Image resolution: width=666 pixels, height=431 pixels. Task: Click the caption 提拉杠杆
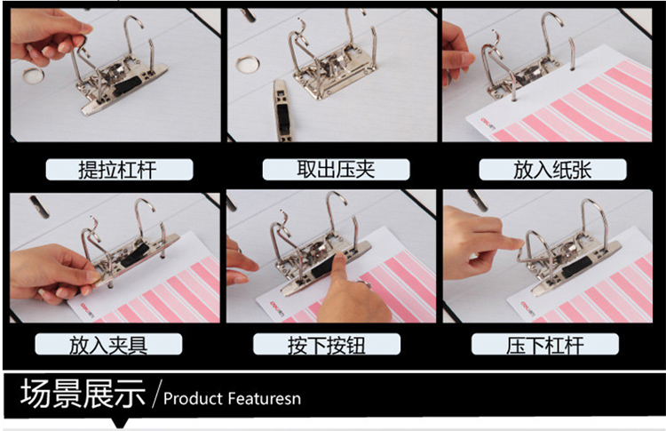[117, 170]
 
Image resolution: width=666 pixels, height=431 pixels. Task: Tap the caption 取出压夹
[336, 169]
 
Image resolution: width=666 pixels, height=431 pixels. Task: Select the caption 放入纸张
[552, 170]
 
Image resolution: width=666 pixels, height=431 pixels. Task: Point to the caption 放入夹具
[108, 345]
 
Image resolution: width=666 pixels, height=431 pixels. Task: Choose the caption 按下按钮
[326, 345]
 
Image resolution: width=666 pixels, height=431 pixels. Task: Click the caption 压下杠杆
[545, 345]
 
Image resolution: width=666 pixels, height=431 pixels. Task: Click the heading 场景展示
[83, 393]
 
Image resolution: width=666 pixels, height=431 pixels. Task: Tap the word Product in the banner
[193, 399]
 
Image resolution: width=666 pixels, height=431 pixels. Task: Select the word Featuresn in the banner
[265, 399]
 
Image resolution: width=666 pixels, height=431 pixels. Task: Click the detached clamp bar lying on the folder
[283, 110]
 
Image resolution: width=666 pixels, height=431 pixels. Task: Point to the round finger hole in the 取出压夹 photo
[247, 64]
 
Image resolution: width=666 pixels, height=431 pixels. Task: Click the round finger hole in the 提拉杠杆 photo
[33, 76]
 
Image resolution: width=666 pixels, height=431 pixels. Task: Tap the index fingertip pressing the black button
[339, 258]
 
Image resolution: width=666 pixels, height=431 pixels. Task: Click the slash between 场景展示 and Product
[156, 393]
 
